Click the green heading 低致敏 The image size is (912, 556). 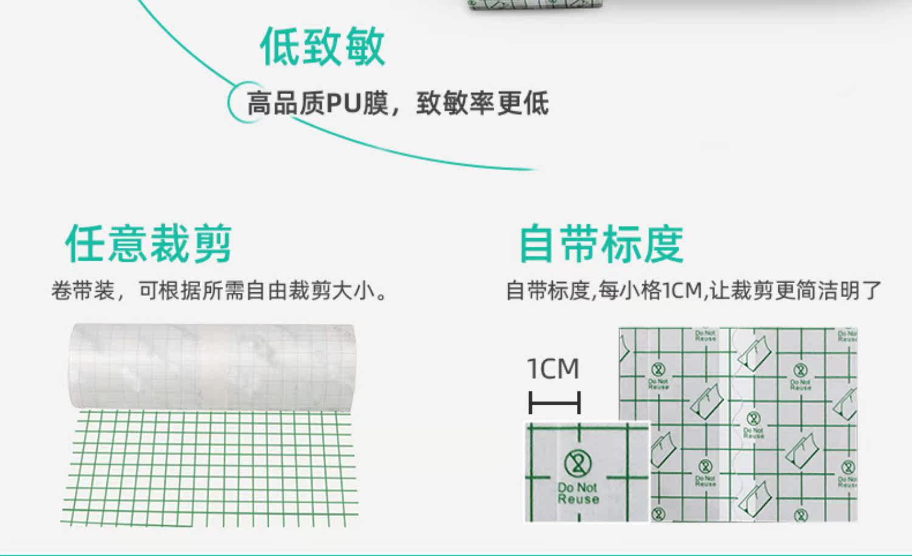point(322,47)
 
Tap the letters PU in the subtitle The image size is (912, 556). point(344,103)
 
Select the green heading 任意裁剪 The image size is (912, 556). point(148,244)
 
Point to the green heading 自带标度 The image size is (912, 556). point(601,244)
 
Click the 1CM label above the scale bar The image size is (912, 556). point(553,369)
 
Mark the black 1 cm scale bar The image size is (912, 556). point(554,402)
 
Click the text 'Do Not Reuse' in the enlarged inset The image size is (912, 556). point(578,493)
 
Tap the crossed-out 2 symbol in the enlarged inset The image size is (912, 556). point(577,464)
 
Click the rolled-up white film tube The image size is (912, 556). point(212,366)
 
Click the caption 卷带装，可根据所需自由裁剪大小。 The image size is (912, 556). point(219,291)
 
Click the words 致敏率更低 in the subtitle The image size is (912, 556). point(482,103)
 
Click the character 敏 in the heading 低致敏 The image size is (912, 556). point(365,47)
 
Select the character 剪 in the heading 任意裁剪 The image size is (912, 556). point(212,244)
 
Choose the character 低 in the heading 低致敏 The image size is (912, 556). point(280,47)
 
